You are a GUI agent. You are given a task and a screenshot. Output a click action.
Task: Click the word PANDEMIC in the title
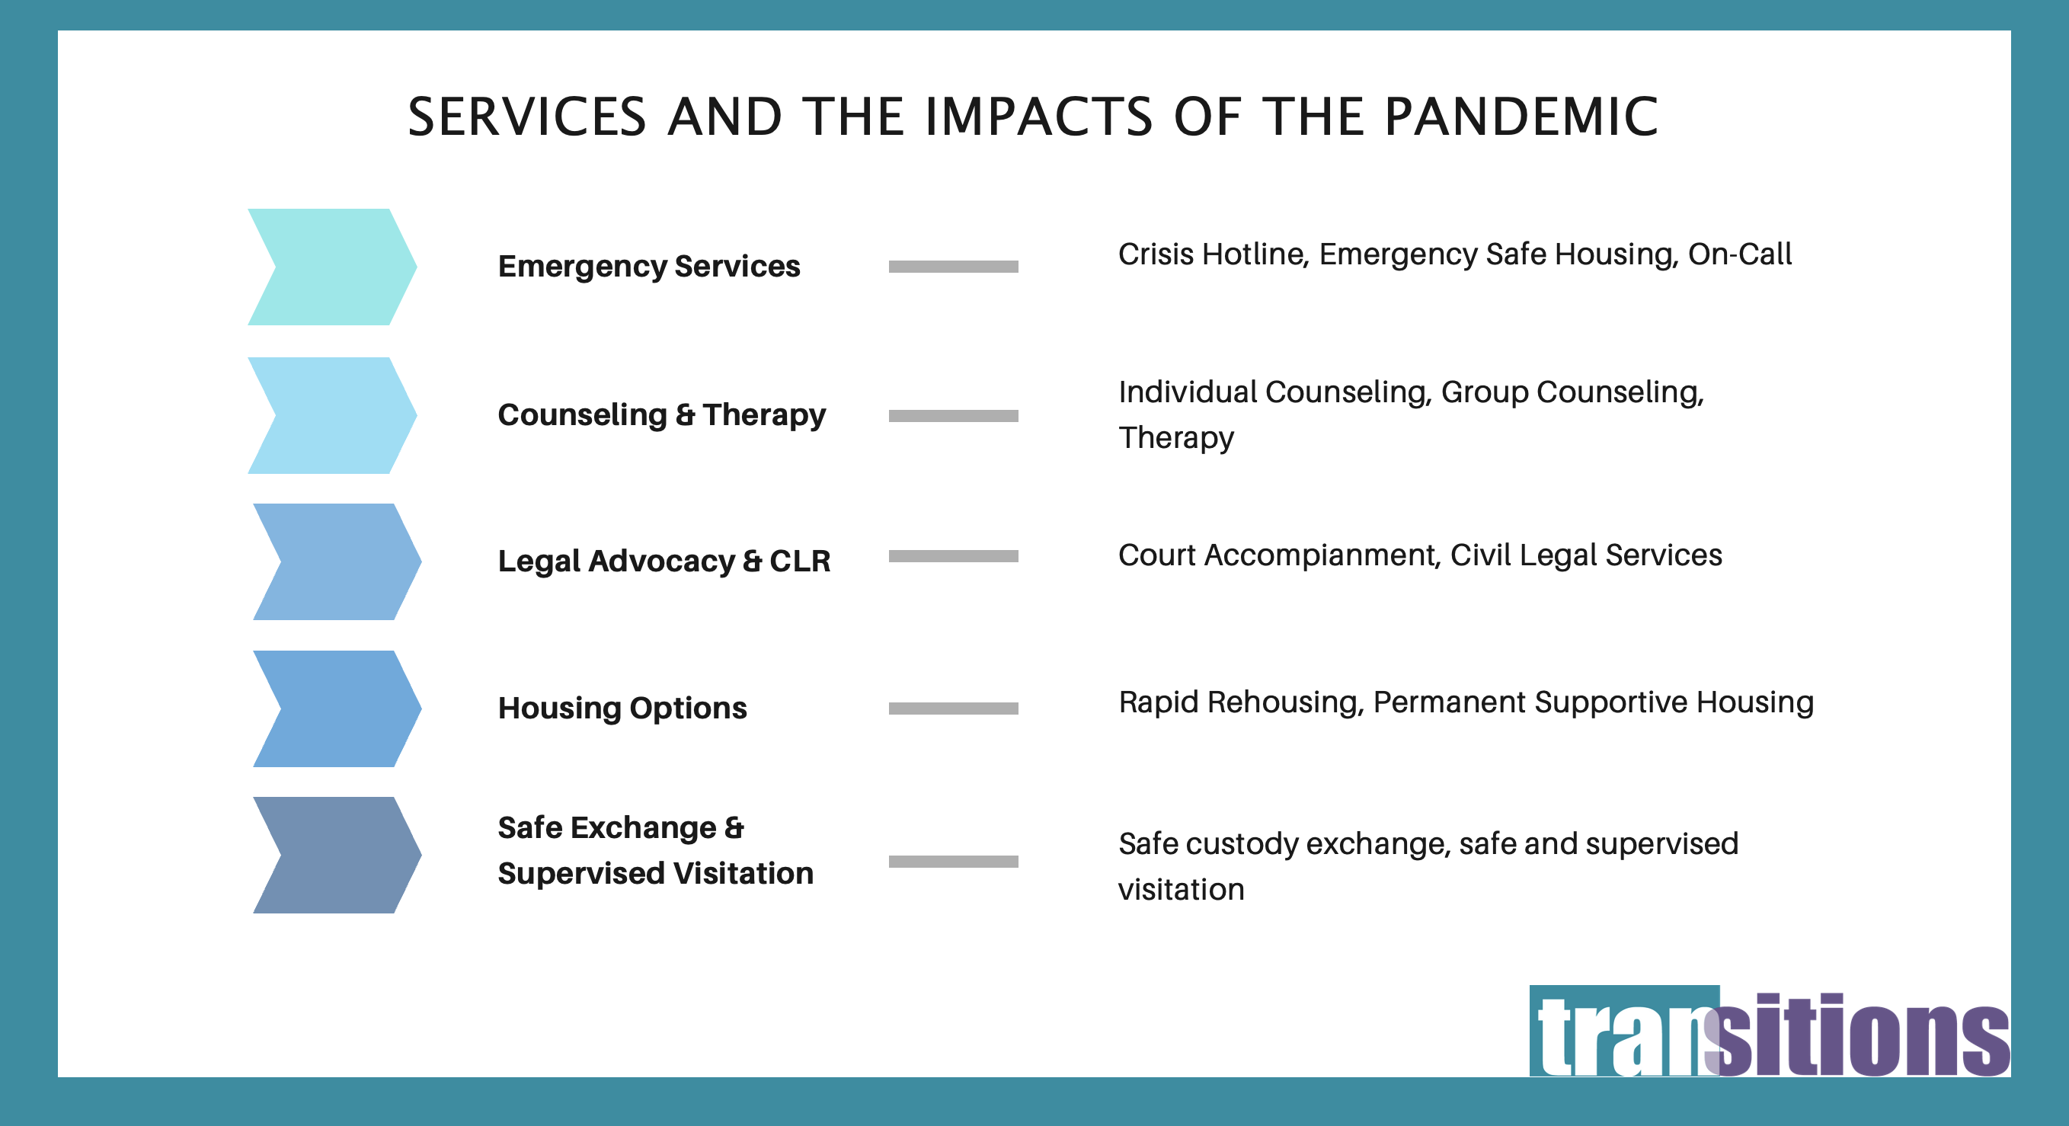click(1521, 117)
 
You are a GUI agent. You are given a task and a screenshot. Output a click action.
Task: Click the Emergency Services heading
click(649, 266)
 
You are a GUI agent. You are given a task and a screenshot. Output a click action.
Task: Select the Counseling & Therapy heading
click(662, 415)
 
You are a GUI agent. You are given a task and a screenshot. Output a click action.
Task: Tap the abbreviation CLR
click(800, 561)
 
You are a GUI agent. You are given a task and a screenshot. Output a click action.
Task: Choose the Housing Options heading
click(622, 709)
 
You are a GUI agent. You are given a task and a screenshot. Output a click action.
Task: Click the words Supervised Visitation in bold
click(655, 873)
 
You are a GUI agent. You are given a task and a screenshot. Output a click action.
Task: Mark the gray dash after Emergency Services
click(954, 267)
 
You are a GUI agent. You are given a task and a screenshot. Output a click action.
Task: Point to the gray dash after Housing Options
click(954, 709)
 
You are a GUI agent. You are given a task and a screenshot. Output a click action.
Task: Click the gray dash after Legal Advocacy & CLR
click(954, 556)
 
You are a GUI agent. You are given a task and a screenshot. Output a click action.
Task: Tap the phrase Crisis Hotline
click(1213, 254)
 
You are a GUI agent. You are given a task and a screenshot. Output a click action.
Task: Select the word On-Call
click(1740, 254)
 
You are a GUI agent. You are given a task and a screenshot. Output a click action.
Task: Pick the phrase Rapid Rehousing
click(1241, 702)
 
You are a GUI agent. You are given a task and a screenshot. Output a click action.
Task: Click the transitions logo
click(1770, 1032)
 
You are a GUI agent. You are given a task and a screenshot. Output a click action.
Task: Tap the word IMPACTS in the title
click(1038, 117)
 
